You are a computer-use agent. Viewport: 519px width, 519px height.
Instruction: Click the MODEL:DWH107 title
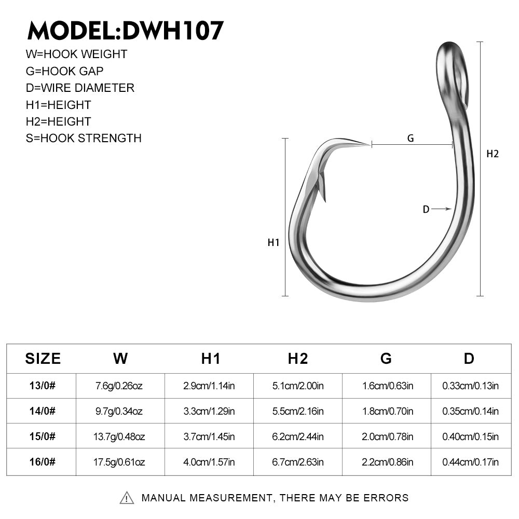pyautogui.click(x=126, y=31)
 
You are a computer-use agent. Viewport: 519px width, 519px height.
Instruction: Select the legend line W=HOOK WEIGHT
pyautogui.click(x=76, y=54)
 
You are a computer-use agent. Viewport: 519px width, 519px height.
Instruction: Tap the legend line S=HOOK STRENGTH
pyautogui.click(x=84, y=138)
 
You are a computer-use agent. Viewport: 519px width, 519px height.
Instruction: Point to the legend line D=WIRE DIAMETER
pyautogui.click(x=80, y=88)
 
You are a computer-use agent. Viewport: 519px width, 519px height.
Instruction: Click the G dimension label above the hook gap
pyautogui.click(x=411, y=138)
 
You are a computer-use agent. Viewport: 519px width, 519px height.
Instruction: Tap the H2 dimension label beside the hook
pyautogui.click(x=493, y=154)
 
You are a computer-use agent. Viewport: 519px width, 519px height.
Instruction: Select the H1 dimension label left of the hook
pyautogui.click(x=274, y=242)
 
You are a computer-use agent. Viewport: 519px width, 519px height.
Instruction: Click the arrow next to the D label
pyautogui.click(x=442, y=209)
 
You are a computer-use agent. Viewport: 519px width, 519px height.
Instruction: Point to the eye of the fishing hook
pyautogui.click(x=452, y=74)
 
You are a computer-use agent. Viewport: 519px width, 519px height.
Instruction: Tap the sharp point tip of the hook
pyautogui.click(x=370, y=145)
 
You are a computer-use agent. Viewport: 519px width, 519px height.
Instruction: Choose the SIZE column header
pyautogui.click(x=43, y=359)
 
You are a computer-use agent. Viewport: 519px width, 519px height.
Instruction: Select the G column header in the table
pyautogui.click(x=386, y=359)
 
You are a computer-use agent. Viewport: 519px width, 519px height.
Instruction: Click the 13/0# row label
pyautogui.click(x=43, y=386)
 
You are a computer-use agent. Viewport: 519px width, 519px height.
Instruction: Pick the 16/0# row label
pyautogui.click(x=43, y=462)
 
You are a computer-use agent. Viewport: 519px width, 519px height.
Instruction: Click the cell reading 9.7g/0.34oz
pyautogui.click(x=119, y=411)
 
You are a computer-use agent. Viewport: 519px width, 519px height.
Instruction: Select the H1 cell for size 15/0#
pyautogui.click(x=209, y=436)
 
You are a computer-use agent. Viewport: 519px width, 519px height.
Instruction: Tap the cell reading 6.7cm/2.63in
pyautogui.click(x=298, y=462)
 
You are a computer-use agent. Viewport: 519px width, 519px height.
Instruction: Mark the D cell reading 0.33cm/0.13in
pyautogui.click(x=470, y=386)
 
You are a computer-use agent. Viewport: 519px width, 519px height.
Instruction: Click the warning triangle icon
pyautogui.click(x=127, y=498)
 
